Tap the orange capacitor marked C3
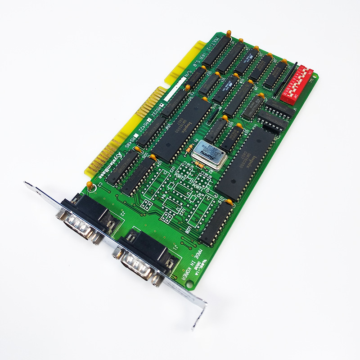[90, 185]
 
